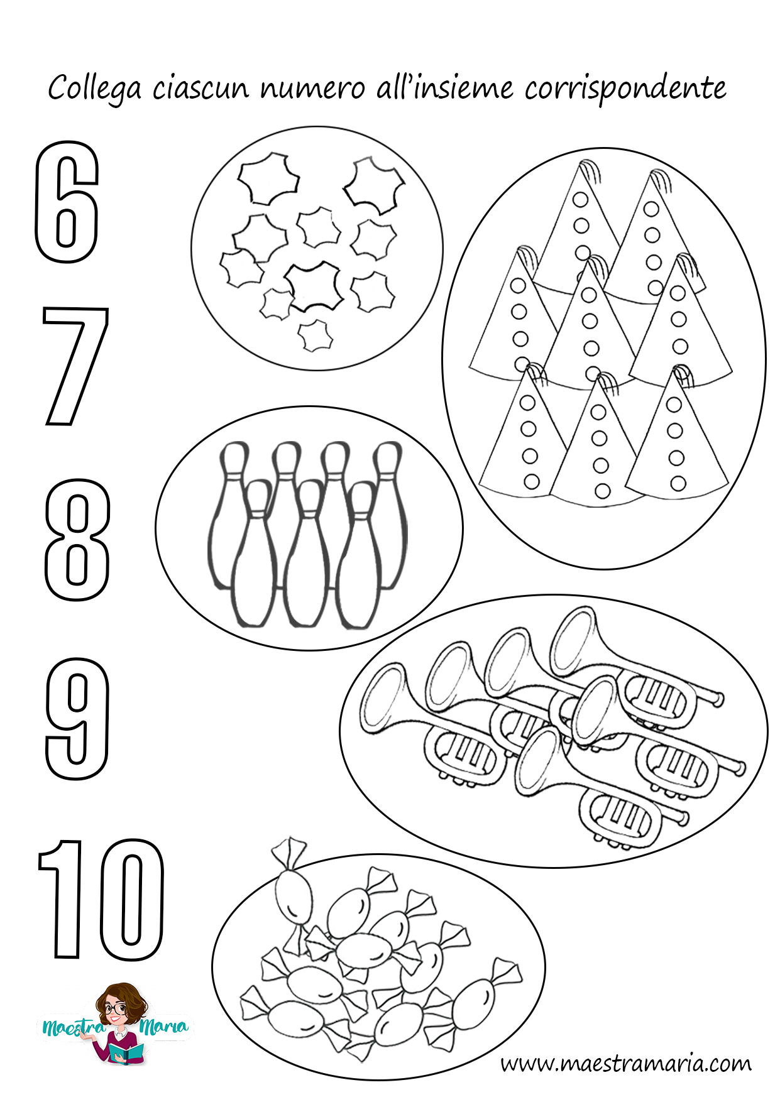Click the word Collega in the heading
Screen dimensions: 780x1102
94,89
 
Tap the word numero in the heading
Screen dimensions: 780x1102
312,89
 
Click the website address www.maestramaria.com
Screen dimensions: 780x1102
626,1063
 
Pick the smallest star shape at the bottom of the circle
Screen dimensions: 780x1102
314,336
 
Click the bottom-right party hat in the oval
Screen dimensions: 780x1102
678,434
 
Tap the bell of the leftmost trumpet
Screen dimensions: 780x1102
383,697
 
